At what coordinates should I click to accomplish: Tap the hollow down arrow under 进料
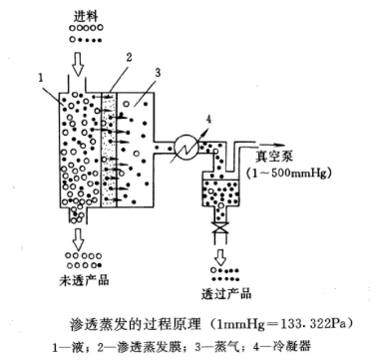78,63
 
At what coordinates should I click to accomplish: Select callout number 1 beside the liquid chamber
40,79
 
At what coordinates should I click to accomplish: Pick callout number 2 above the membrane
130,57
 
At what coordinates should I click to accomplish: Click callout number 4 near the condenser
209,120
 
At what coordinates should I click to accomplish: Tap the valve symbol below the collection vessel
219,228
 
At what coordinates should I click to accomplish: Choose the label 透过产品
226,293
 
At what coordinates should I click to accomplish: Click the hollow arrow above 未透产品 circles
79,238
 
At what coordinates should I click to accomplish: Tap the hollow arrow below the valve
219,256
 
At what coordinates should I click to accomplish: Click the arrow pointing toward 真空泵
271,145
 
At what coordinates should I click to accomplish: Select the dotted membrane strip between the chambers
109,149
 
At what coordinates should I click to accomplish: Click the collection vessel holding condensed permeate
220,191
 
